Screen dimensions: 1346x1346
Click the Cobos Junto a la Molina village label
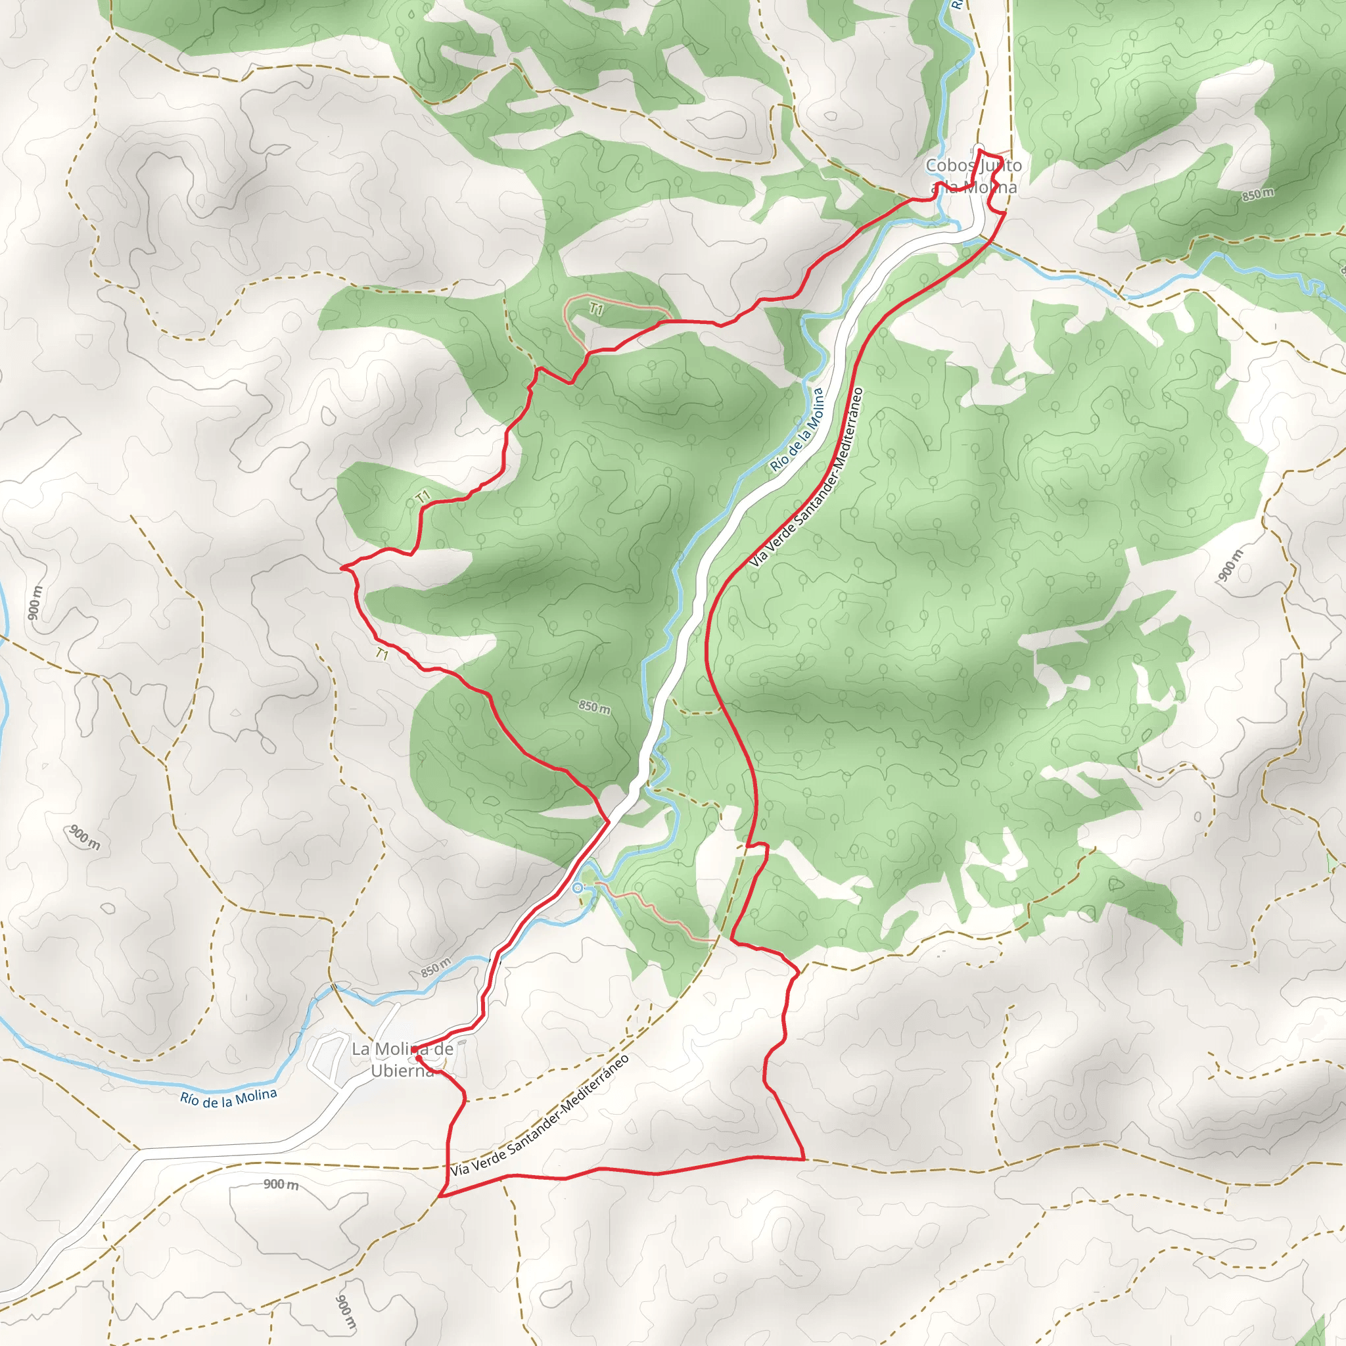click(973, 176)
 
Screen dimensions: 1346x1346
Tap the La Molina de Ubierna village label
click(402, 1059)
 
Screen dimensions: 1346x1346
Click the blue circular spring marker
click(578, 887)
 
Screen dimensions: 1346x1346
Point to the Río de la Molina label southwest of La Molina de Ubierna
click(229, 1098)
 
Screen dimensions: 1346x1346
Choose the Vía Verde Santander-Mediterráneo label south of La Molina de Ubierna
click(540, 1115)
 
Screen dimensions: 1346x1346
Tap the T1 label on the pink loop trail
click(595, 309)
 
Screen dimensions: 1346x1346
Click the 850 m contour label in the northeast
click(1257, 195)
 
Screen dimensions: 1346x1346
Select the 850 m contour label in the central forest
click(594, 708)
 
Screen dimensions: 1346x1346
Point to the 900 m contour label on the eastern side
click(1230, 565)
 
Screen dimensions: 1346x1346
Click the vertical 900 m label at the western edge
click(35, 603)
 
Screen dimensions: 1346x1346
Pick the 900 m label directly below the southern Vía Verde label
click(281, 1184)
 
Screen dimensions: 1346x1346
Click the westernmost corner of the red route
click(341, 568)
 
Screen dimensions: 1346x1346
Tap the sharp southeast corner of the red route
click(804, 1159)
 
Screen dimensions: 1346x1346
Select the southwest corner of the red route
click(440, 1196)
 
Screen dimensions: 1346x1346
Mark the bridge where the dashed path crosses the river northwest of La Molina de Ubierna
click(334, 986)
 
